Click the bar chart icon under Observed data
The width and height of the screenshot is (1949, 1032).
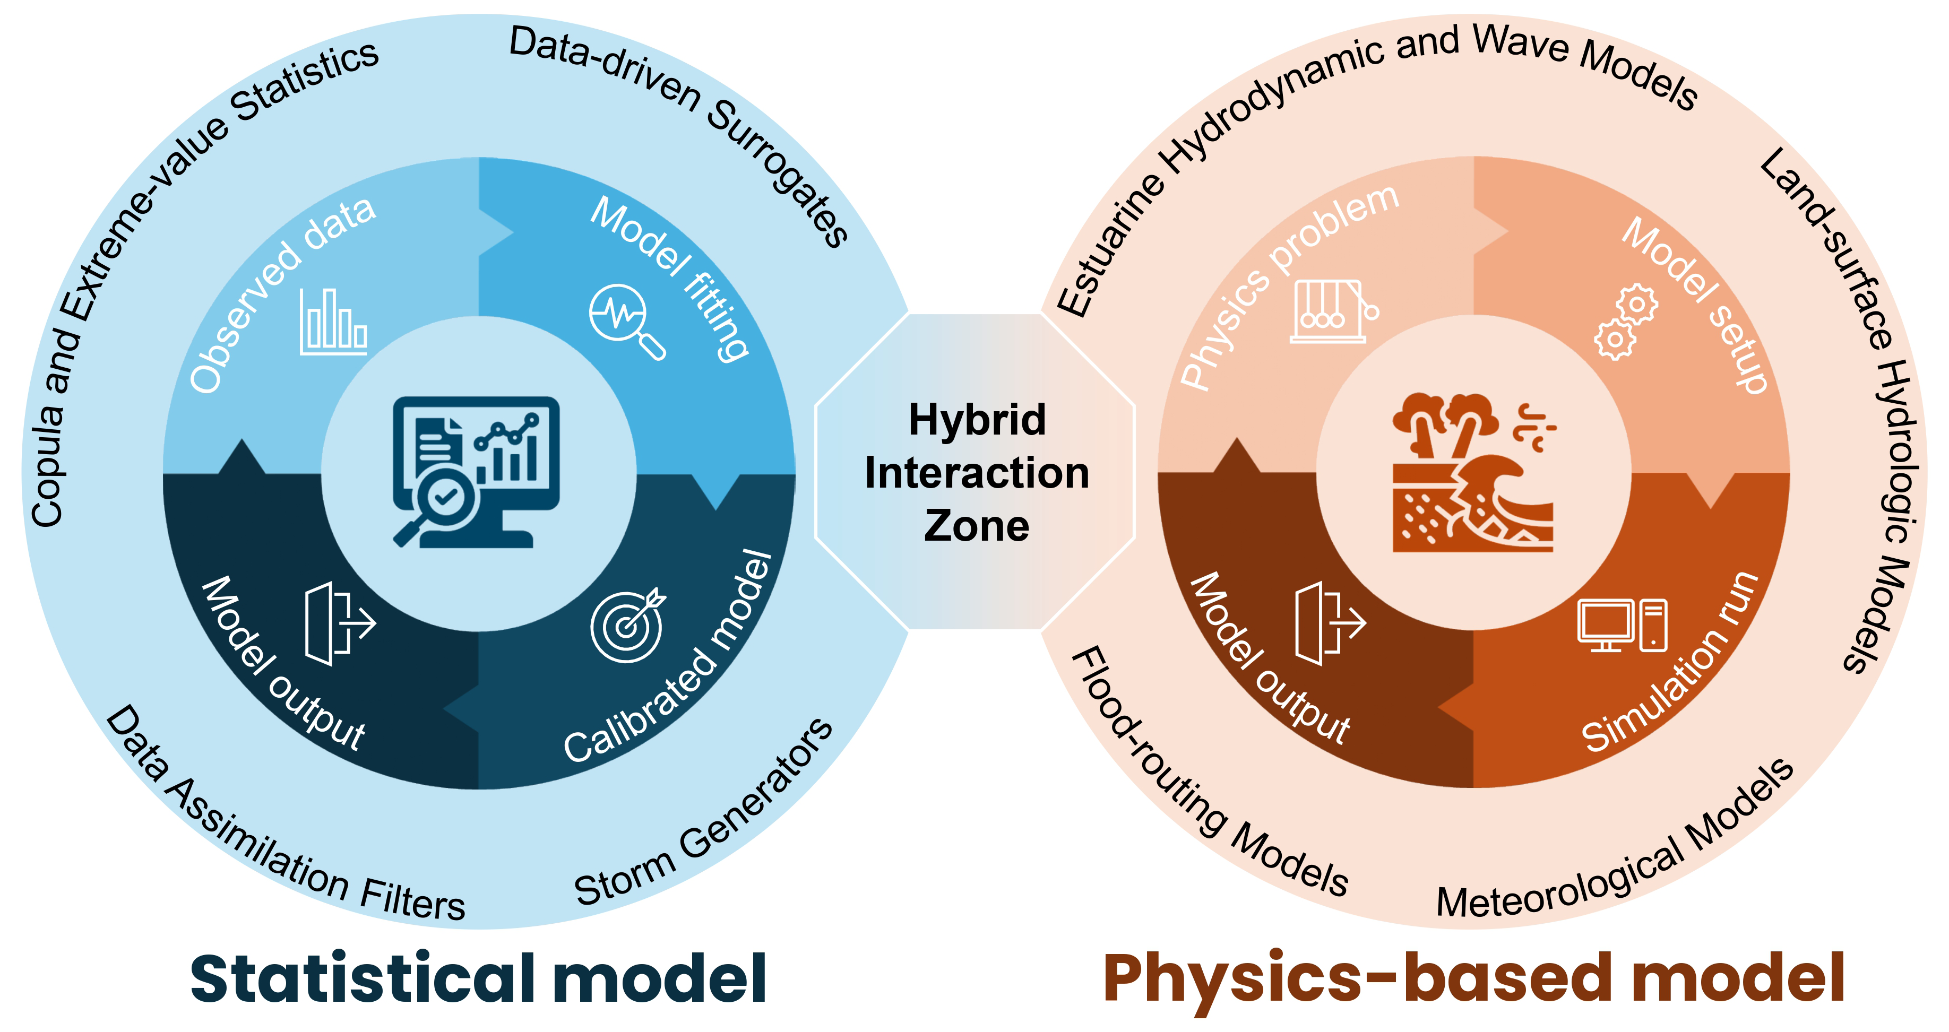coord(334,322)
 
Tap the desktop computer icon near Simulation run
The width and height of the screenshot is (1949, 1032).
coord(1622,625)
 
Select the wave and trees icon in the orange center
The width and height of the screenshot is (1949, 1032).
coord(1472,472)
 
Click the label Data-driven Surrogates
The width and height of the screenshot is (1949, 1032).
coord(681,121)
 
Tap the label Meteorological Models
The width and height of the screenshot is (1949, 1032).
coord(1619,847)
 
